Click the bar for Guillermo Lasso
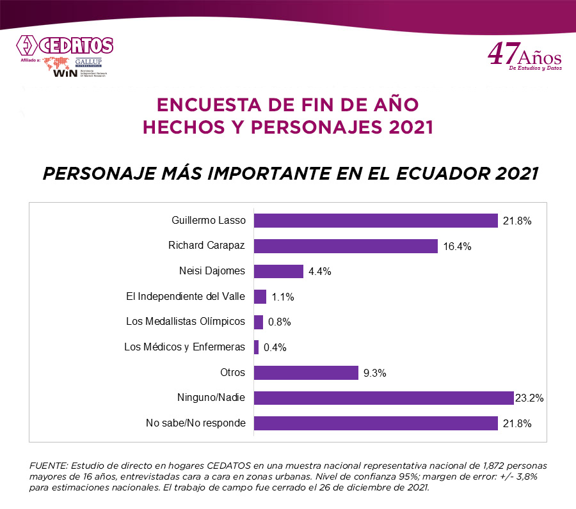376,221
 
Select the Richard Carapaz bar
346,246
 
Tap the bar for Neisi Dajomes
278,271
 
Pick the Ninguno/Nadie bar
384,398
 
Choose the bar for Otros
306,373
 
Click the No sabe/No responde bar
376,423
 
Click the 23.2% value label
529,398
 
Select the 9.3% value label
375,373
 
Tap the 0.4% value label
274,347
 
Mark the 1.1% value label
282,297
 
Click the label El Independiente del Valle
186,297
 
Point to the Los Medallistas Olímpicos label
186,322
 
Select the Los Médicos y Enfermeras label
185,347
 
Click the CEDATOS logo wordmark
76,46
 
